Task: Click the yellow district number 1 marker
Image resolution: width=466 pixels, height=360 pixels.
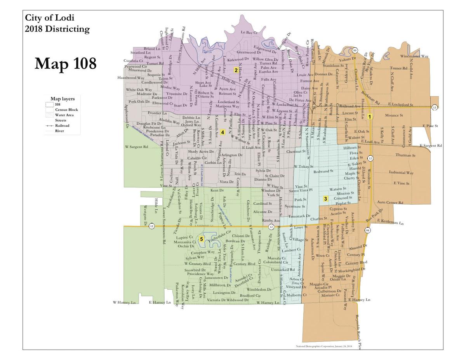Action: click(370, 116)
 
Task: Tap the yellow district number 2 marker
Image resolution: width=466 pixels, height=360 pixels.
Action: click(236, 70)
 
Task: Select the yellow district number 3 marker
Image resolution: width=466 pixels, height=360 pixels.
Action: click(325, 199)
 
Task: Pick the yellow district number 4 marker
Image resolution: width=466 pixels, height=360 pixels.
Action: click(223, 132)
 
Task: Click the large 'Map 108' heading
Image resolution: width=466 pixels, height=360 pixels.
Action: click(65, 63)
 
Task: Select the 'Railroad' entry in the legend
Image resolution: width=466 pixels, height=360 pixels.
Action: click(62, 126)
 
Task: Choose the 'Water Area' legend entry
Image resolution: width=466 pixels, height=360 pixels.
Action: click(64, 115)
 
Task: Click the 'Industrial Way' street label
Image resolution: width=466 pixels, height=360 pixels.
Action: click(401, 172)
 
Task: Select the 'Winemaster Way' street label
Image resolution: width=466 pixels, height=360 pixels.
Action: click(414, 56)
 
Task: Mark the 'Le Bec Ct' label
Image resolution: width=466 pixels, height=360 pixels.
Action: click(249, 32)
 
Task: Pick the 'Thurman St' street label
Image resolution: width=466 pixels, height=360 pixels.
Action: click(405, 155)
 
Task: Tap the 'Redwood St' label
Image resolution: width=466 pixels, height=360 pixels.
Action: click(323, 171)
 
